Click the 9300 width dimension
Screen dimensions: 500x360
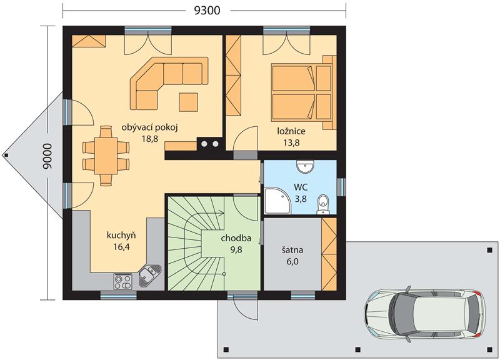(x=207, y=10)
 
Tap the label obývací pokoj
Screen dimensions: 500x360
(x=149, y=128)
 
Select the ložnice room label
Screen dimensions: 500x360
(x=291, y=131)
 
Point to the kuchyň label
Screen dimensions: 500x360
(x=121, y=236)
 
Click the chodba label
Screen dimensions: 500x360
(x=236, y=238)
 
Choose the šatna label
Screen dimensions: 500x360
(x=292, y=250)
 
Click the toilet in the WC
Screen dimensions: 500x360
(x=323, y=204)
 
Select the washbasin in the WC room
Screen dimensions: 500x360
(x=305, y=167)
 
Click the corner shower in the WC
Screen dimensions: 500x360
(x=277, y=201)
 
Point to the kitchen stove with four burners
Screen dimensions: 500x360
(x=122, y=281)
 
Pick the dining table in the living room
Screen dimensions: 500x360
(x=106, y=156)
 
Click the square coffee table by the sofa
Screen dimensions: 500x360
(x=188, y=102)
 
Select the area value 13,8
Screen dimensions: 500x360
(x=291, y=142)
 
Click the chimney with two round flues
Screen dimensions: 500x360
(x=209, y=144)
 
